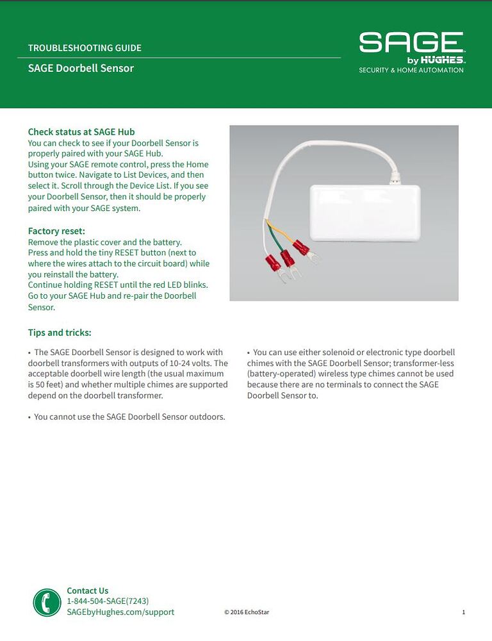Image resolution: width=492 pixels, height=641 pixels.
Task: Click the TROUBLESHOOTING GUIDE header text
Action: (85, 48)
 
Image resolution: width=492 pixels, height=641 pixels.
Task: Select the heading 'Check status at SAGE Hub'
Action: (81, 131)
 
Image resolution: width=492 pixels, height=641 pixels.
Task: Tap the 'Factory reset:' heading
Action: (56, 231)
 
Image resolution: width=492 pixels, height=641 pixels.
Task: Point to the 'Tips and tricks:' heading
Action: (60, 333)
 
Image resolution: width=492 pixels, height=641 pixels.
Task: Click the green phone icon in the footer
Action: (47, 603)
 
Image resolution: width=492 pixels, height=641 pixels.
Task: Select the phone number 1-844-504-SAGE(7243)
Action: (108, 601)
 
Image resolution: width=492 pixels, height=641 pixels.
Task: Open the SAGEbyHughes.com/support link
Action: (120, 612)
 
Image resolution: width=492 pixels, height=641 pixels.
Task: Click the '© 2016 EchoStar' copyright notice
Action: (247, 613)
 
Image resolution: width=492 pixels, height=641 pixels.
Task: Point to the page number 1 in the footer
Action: (463, 613)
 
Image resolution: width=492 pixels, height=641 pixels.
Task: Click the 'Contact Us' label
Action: (88, 591)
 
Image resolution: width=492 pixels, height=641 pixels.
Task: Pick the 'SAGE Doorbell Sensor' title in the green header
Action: (81, 68)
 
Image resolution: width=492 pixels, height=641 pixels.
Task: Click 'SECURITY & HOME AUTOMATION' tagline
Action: (411, 71)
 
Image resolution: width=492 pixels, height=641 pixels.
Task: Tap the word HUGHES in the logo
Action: (443, 60)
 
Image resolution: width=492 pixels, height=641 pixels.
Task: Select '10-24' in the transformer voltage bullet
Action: (181, 363)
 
